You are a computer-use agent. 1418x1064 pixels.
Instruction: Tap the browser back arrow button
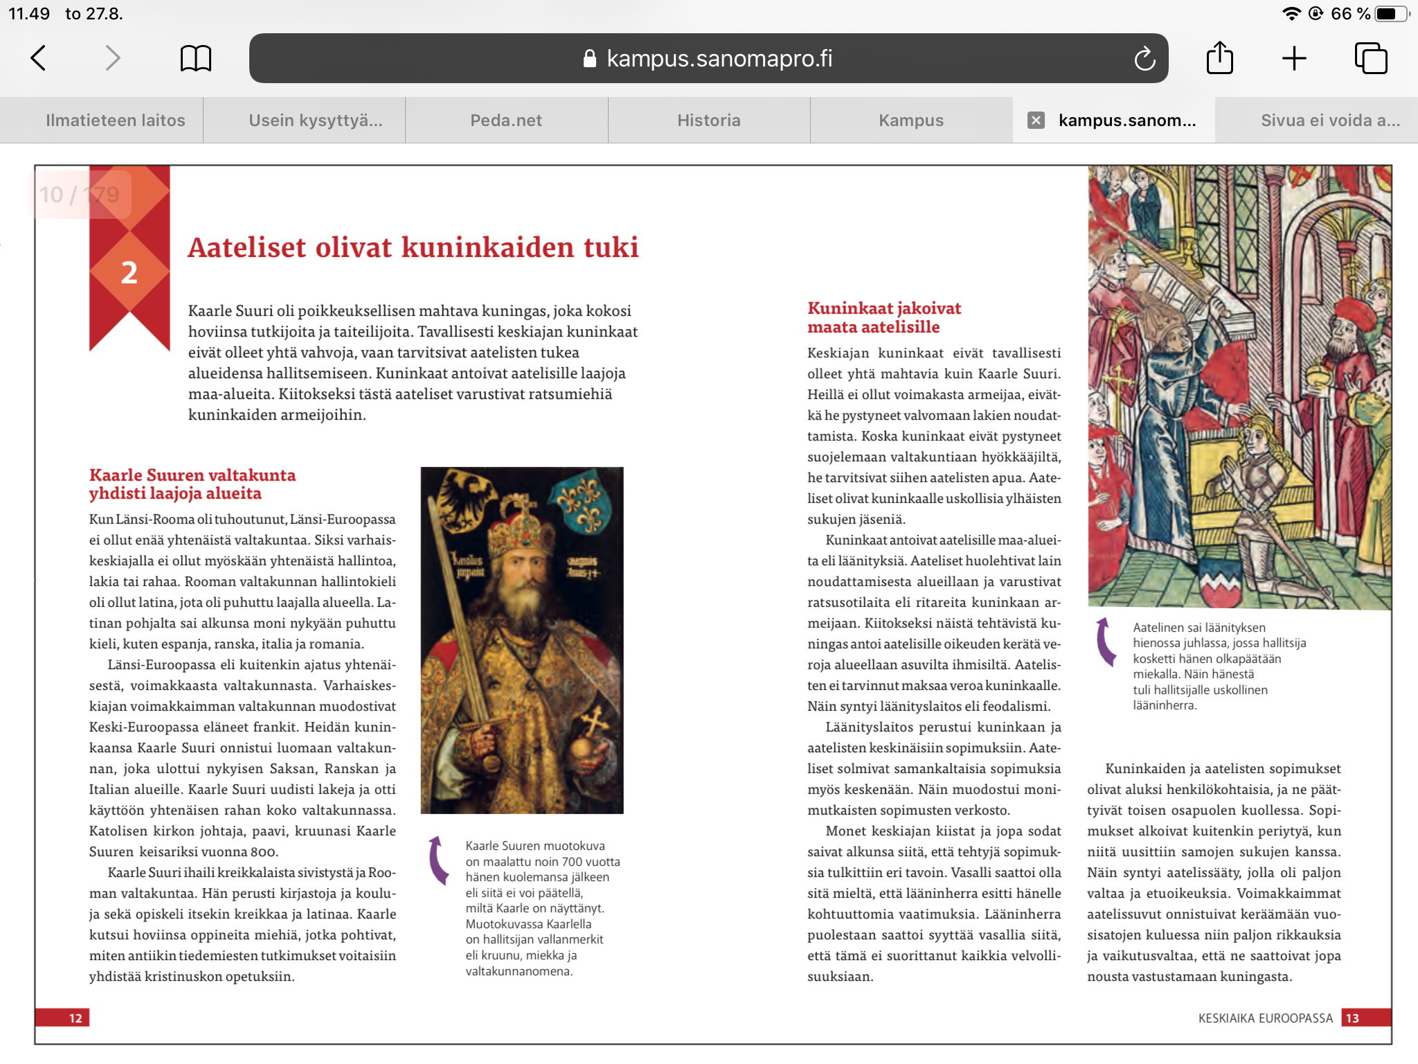[39, 58]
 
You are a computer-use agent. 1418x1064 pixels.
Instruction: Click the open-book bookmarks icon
[195, 58]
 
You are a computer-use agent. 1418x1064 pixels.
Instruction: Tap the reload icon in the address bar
[1145, 59]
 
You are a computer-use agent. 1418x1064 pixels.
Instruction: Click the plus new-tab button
[1293, 58]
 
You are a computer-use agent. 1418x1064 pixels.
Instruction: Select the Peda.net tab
[506, 121]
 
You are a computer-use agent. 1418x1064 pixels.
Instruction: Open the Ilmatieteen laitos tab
[115, 121]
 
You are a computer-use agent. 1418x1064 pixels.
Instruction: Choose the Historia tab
[708, 121]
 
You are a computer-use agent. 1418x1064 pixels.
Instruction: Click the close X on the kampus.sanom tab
[1036, 121]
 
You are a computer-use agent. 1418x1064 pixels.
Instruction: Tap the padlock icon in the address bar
[590, 59]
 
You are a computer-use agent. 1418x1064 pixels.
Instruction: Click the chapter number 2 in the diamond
[129, 272]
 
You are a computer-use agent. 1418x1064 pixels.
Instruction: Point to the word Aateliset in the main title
[246, 247]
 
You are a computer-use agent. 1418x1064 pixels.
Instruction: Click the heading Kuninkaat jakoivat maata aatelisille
[883, 317]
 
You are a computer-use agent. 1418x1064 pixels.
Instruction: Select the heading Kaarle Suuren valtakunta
[192, 475]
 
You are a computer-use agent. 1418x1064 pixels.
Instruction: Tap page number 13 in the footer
[1352, 1018]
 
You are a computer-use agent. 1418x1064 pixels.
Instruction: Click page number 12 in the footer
[75, 1018]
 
